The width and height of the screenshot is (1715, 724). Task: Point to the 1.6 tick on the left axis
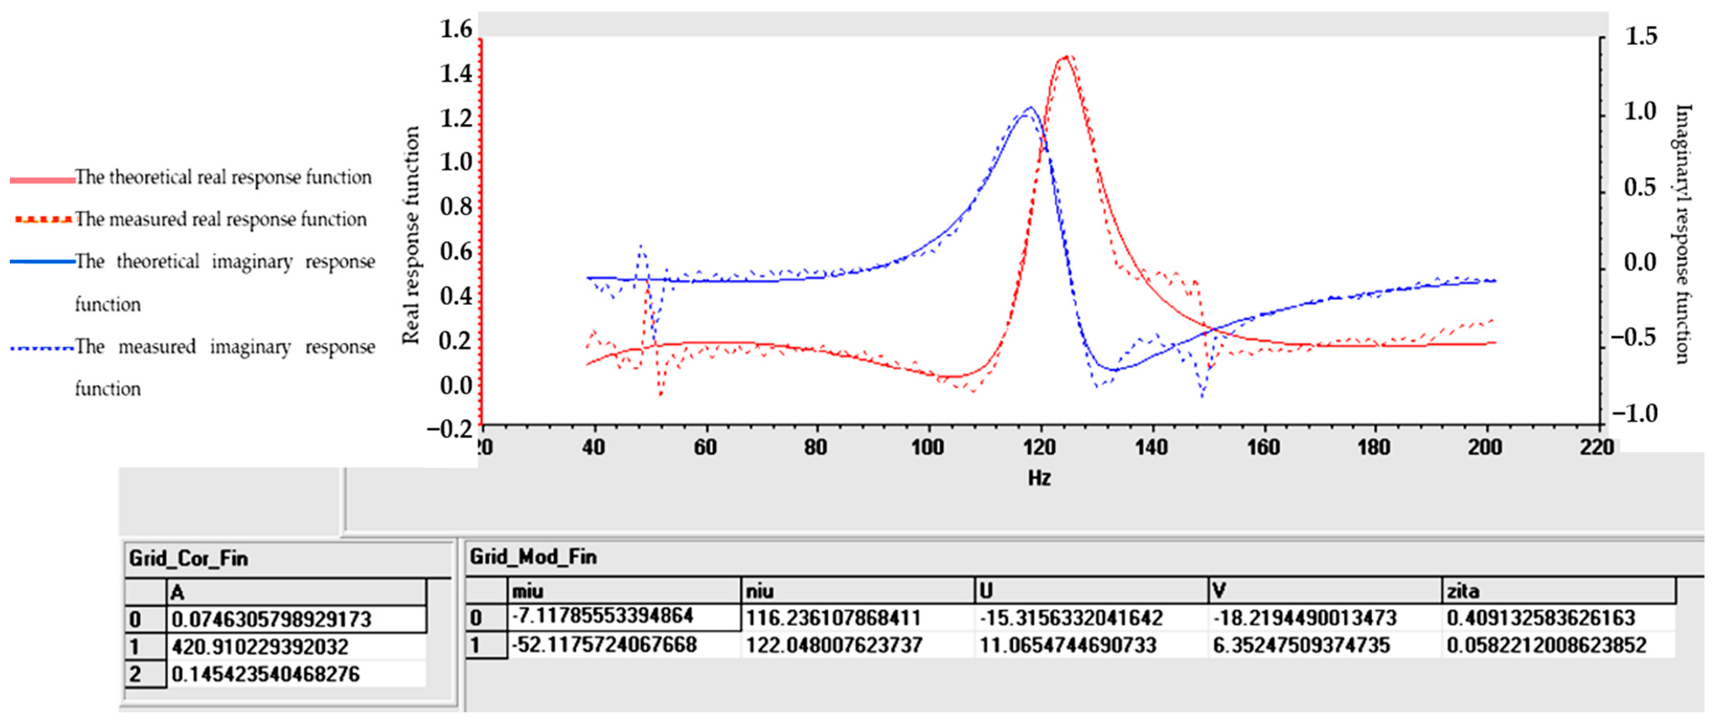coord(456,29)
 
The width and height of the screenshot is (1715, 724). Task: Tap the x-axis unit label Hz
coord(1039,478)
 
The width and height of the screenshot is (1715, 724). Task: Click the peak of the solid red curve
coord(1066,57)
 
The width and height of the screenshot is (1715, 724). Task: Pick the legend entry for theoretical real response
coord(222,178)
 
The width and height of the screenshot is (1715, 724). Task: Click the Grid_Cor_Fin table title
coord(188,558)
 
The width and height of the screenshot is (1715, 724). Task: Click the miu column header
coord(527,591)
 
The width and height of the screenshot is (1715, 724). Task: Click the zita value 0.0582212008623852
coord(1546,645)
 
